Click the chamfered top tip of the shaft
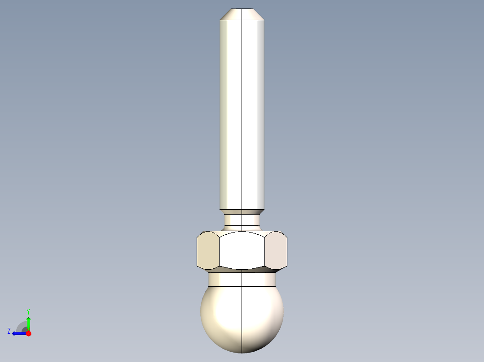(x=242, y=14)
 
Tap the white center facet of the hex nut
(x=242, y=251)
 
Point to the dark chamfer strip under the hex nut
(x=242, y=271)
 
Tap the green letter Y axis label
(x=28, y=311)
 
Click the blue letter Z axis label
(x=9, y=331)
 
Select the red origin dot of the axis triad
(x=28, y=333)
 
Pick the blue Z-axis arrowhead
(x=15, y=333)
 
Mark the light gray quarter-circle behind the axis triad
(x=20, y=325)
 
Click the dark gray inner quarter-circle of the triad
(x=25, y=330)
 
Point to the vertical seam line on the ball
(x=242, y=323)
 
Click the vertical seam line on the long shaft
(x=242, y=112)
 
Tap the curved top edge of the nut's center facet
(x=242, y=232)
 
